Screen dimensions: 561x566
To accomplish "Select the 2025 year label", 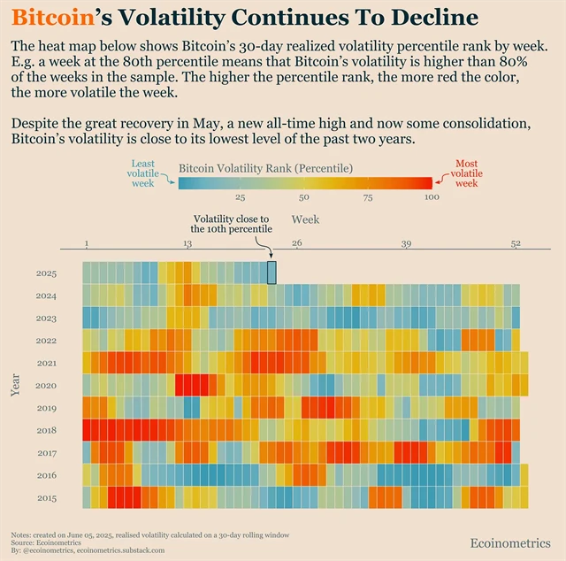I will click(x=47, y=273).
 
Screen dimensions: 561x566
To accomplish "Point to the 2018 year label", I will click(x=47, y=431).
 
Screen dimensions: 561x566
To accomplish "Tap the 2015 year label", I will click(x=47, y=498).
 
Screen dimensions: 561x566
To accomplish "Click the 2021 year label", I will click(x=47, y=364).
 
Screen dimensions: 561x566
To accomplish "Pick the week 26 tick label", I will click(x=297, y=243).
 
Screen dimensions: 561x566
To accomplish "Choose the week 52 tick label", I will click(x=516, y=243).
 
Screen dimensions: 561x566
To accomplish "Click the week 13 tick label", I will click(x=187, y=243).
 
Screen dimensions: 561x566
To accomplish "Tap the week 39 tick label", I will click(x=406, y=243).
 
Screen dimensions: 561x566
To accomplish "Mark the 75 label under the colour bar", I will click(x=368, y=197).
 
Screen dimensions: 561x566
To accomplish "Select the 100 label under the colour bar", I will click(x=432, y=197).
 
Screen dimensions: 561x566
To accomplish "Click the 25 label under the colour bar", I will click(x=241, y=197).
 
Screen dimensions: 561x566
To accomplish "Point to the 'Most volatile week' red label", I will click(x=466, y=173).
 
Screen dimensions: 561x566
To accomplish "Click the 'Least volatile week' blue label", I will click(x=142, y=173).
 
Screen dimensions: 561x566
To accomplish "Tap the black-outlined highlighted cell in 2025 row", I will click(x=272, y=273).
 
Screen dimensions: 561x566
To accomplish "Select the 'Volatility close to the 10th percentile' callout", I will click(x=233, y=223).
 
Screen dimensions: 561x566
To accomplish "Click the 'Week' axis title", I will click(x=306, y=219).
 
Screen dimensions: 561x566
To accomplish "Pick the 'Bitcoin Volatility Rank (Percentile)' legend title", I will click(x=265, y=168).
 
